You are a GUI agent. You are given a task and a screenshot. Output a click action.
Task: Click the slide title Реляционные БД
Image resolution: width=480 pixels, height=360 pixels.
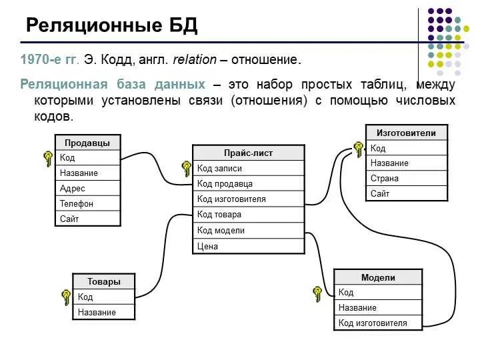(x=111, y=26)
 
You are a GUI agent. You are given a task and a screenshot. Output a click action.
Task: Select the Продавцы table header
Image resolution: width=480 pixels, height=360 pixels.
(x=87, y=143)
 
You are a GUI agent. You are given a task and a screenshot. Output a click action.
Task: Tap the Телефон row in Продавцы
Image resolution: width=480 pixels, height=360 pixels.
(x=87, y=203)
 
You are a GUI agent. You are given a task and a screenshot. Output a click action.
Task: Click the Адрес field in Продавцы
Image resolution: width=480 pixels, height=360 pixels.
(x=87, y=188)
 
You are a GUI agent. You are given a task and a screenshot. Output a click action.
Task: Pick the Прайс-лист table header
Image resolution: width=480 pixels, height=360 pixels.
(x=248, y=153)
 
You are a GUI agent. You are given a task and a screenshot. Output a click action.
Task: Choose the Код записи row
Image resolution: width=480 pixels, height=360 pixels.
(x=248, y=169)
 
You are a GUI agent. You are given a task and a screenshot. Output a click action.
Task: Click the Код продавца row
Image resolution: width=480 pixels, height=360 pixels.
(x=248, y=184)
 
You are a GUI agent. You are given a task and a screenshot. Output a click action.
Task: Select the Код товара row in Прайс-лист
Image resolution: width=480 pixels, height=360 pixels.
(x=248, y=215)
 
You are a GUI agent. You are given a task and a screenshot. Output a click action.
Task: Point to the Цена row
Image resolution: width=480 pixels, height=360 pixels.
(x=248, y=246)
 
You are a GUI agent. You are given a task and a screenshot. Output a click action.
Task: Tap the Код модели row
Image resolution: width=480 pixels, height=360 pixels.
(x=248, y=231)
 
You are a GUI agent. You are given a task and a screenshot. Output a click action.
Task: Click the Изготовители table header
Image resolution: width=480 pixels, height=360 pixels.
(x=406, y=133)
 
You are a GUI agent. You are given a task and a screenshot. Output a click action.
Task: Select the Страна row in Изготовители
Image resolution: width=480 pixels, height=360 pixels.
(x=406, y=179)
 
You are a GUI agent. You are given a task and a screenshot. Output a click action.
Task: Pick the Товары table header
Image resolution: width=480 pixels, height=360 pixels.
(x=103, y=281)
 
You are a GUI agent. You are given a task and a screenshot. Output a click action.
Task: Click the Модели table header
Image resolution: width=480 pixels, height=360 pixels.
(x=378, y=277)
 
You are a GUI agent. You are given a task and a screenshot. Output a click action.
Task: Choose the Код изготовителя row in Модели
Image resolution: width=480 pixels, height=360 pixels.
(x=378, y=323)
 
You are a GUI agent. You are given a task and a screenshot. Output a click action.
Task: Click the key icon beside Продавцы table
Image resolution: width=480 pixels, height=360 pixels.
(x=48, y=159)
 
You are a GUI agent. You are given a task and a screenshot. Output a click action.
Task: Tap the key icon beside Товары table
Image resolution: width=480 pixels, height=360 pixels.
(x=66, y=297)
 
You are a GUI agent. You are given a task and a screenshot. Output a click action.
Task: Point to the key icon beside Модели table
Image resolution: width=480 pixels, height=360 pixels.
(x=318, y=293)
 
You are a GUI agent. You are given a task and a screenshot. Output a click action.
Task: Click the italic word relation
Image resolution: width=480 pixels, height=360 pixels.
(x=195, y=60)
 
